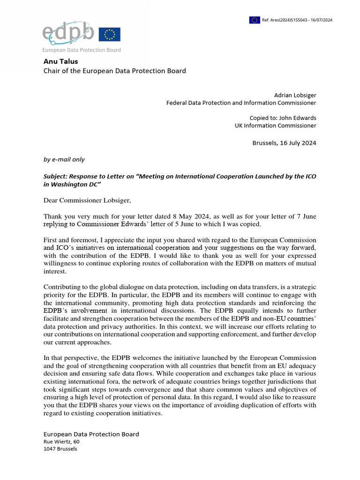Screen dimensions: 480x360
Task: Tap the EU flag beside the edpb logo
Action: (x=110, y=34)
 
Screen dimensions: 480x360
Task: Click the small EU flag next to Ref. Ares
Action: (x=255, y=20)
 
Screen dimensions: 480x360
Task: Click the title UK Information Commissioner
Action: (x=275, y=126)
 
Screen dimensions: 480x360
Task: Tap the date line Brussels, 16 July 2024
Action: (x=284, y=143)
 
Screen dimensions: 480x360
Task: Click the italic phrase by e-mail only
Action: (x=64, y=159)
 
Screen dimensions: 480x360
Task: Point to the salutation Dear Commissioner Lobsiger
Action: (x=88, y=201)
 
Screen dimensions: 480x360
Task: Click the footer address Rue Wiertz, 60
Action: (x=61, y=442)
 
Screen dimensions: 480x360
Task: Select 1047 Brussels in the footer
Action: (x=60, y=449)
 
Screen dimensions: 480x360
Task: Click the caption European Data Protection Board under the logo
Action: (x=82, y=50)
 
